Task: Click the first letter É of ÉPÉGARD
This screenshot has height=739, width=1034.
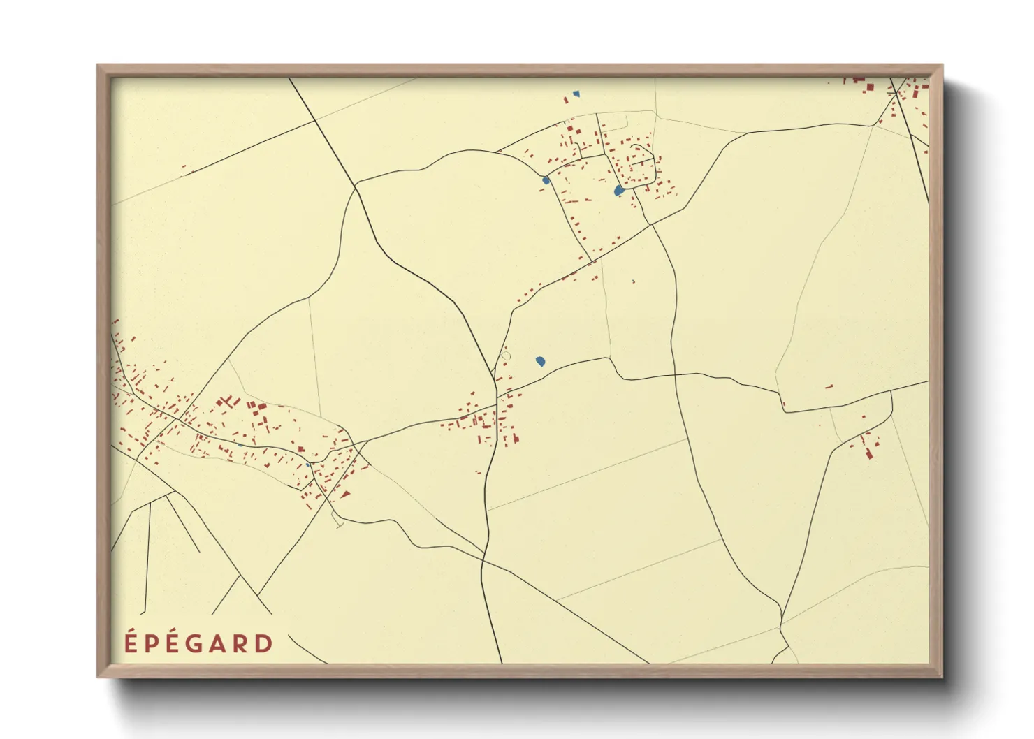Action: (x=130, y=643)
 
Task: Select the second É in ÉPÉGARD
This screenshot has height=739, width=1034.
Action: (x=173, y=643)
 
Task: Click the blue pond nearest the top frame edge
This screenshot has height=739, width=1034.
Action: (x=576, y=93)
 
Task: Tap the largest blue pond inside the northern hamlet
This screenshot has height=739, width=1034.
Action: (x=619, y=190)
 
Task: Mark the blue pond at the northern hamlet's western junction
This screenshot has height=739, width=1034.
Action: (x=546, y=180)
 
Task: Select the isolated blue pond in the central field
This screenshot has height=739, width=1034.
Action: (x=540, y=361)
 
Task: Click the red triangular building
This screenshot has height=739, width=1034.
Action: (x=344, y=494)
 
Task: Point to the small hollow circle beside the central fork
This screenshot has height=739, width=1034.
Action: (x=507, y=356)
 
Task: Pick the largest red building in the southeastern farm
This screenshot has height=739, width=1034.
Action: (x=868, y=453)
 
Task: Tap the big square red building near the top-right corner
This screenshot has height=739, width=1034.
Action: (x=869, y=87)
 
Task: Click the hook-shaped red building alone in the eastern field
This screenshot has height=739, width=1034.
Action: (x=829, y=386)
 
